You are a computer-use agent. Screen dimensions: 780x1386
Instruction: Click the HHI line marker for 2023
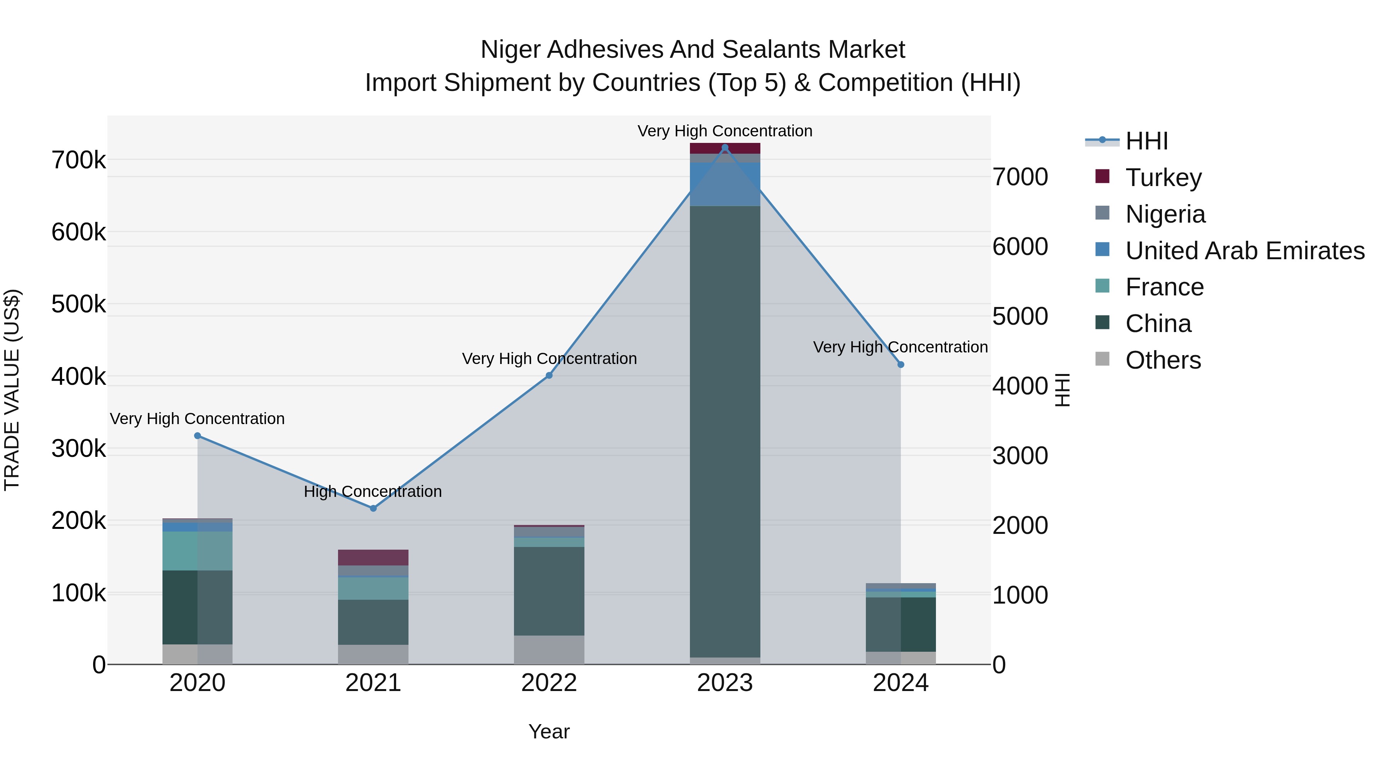[725, 148]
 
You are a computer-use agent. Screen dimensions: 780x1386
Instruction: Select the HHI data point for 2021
[373, 508]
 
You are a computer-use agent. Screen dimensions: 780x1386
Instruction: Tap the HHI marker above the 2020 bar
[198, 436]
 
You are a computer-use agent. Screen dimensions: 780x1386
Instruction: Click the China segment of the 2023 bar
[725, 431]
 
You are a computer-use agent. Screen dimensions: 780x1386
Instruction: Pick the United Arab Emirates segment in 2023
[725, 184]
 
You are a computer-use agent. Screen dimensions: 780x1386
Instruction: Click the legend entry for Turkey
[1163, 177]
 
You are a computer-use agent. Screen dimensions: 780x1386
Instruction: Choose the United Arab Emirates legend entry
[1244, 250]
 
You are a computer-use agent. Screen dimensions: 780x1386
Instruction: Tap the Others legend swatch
[1103, 359]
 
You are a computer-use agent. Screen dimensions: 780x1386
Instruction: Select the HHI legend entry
[1146, 141]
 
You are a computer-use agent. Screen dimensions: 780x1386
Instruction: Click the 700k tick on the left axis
[79, 160]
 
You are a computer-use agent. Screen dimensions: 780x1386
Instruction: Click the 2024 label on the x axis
[900, 683]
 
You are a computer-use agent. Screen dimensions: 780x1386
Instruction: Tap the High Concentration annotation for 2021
[373, 491]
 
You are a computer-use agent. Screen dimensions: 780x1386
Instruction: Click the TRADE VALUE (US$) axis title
[12, 390]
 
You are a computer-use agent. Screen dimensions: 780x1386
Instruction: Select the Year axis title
[549, 731]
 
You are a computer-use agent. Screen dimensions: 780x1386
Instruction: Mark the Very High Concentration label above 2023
[725, 131]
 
